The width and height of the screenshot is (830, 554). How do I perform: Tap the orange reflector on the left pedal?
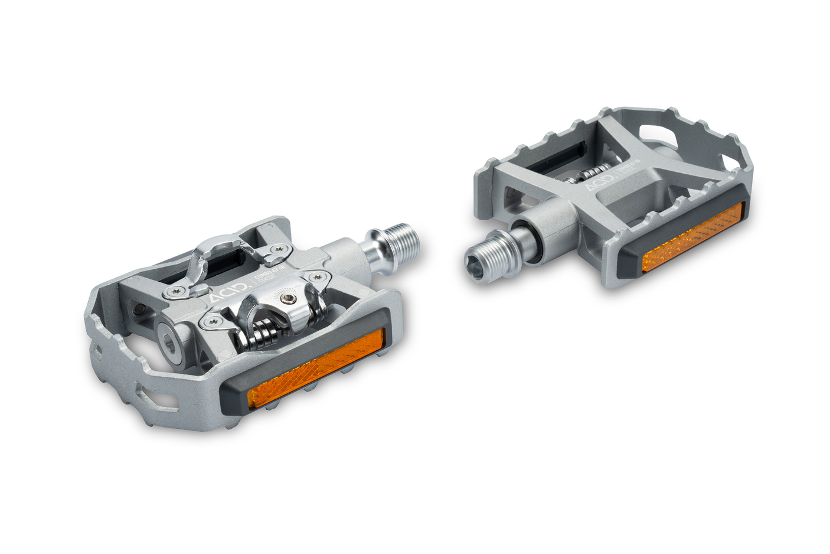(316, 369)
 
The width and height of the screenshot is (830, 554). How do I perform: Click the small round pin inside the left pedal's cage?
(139, 310)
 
